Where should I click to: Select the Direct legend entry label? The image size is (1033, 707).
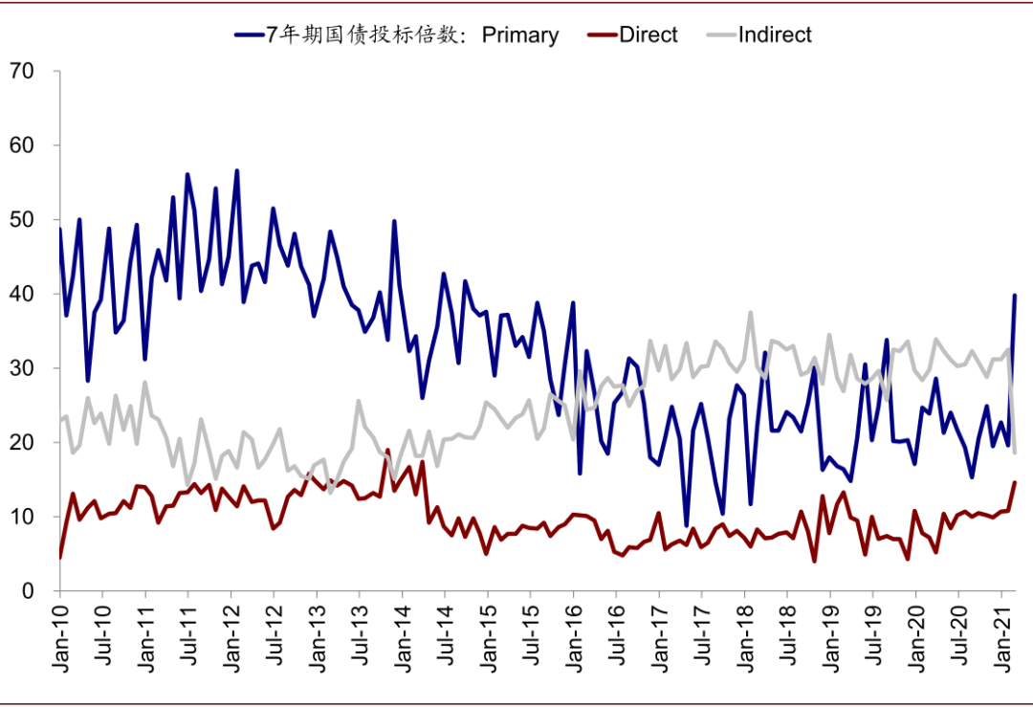click(x=648, y=34)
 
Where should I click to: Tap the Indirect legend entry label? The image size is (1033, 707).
click(x=775, y=34)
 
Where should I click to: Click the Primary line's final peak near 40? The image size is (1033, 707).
click(x=1014, y=296)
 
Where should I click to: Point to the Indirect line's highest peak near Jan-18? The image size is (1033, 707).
click(x=751, y=313)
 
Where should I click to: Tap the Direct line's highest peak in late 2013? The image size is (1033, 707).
click(x=387, y=451)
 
